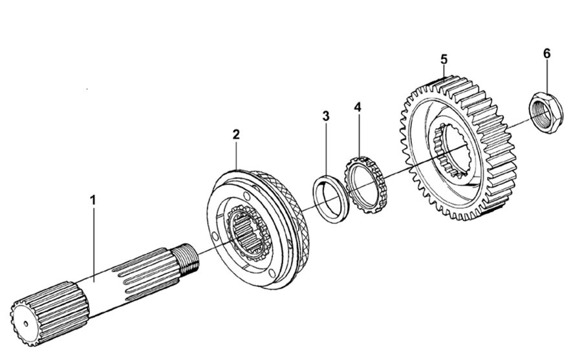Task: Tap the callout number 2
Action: point(236,134)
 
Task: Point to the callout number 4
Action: point(358,106)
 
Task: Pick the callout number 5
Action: point(444,59)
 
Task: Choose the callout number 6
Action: point(546,54)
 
